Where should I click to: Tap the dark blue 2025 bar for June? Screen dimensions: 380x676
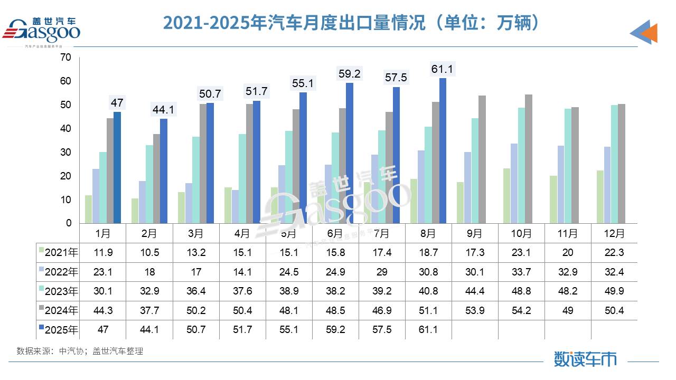click(350, 153)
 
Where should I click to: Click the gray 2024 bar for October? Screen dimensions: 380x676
click(529, 159)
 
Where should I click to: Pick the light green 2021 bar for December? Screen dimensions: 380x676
click(600, 196)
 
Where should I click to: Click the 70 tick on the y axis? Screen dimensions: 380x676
click(65, 58)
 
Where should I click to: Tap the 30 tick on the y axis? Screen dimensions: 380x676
click(65, 153)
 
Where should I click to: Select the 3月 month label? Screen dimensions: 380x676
click(195, 233)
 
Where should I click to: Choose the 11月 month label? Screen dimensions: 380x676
click(568, 233)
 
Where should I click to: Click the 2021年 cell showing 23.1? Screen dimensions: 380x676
click(521, 253)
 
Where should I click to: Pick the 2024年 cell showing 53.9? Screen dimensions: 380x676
click(475, 311)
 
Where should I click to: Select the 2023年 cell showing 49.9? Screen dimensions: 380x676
click(614, 291)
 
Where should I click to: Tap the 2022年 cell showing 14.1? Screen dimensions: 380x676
click(242, 272)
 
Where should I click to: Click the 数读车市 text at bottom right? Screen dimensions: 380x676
click(585, 359)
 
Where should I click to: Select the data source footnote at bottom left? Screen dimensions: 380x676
click(80, 351)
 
